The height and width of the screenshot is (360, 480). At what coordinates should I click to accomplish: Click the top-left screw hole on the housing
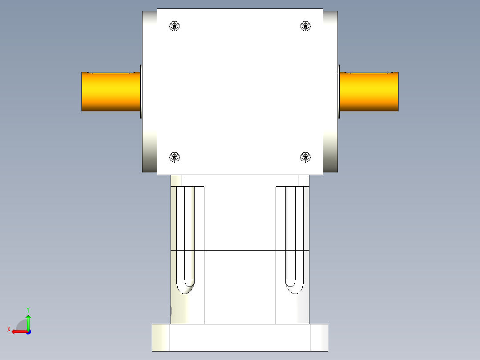coord(175,26)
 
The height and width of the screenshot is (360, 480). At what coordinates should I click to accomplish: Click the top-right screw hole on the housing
coord(305,26)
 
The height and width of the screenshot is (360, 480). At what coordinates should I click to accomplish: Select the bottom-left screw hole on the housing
coord(175,157)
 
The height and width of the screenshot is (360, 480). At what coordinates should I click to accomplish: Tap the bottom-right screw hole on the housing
coord(305,157)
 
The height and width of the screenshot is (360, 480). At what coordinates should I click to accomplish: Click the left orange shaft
coord(111,92)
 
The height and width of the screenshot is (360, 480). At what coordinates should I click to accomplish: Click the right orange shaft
coord(369,92)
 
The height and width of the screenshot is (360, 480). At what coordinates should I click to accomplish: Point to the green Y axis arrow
coord(28,321)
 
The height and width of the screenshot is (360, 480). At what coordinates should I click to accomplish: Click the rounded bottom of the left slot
coord(186,287)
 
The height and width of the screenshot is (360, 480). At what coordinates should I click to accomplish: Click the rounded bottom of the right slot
coord(294,287)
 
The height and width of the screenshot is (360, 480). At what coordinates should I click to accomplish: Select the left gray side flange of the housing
coord(150,91)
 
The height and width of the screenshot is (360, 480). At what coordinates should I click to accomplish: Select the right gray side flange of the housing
coord(330,91)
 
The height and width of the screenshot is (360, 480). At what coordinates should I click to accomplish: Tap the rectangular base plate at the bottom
coord(240,338)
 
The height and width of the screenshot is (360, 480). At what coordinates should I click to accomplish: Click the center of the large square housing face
coord(240,91)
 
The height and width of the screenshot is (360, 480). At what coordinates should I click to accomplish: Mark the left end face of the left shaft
coord(82,92)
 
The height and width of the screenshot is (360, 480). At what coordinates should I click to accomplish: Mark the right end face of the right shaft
coord(398,92)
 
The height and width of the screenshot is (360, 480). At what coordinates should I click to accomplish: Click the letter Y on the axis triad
coord(28,309)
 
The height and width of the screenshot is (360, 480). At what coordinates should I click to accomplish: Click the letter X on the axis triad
coord(8,330)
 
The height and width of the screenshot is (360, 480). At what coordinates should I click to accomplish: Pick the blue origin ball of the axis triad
coord(28,332)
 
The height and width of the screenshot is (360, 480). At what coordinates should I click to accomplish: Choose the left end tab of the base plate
coord(161,338)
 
